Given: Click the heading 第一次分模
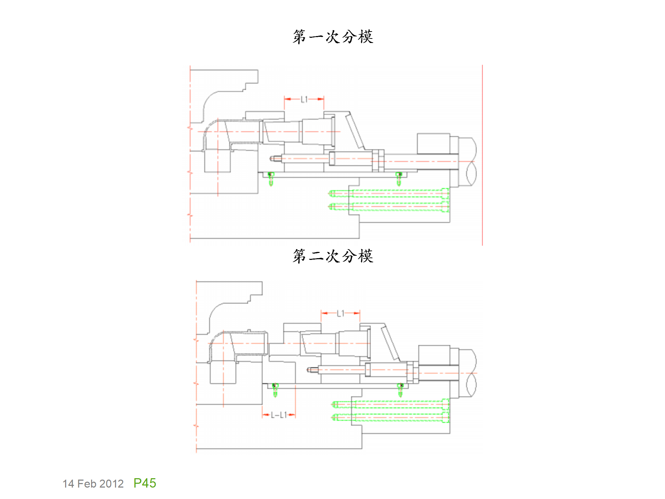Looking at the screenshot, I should coord(332,37).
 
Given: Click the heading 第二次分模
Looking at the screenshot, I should coord(332,256).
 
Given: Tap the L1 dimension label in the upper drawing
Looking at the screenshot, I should coord(304,100).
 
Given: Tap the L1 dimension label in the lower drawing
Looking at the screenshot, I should coord(340,314).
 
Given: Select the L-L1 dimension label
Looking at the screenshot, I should coord(279,415).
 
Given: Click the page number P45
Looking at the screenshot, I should coord(145,483).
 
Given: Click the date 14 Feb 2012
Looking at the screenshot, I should coord(93,484).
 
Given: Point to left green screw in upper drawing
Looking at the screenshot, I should coord(271,179).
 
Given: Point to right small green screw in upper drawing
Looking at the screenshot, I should coord(399,179).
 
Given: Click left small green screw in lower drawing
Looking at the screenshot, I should coord(275,390).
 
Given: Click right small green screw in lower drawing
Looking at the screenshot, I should coord(400,390).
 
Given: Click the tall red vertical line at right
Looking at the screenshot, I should coord(482,156).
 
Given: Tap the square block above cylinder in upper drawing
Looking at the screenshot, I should coord(433,144).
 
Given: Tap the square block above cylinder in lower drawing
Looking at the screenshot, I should coord(434,355).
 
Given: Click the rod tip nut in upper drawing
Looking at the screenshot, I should coord(275,159).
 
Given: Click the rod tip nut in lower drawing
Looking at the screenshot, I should coord(312,370).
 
